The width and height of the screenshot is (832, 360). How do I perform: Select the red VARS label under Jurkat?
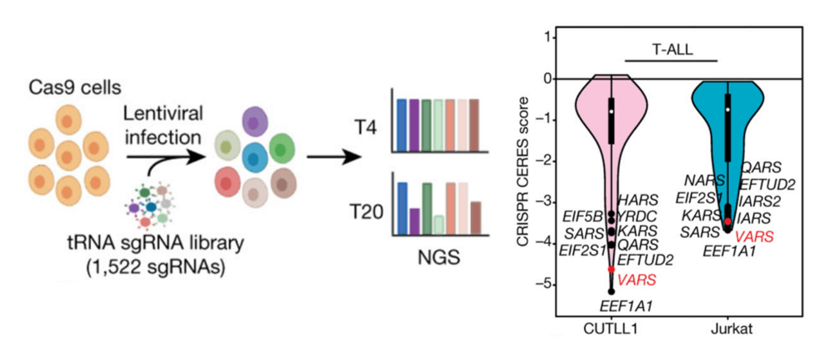[754, 236]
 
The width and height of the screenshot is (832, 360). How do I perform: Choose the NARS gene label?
[702, 180]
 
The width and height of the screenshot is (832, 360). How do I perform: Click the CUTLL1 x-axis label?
[609, 330]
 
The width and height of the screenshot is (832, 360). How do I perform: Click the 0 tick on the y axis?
[547, 79]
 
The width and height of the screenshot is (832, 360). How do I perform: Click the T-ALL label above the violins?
[670, 49]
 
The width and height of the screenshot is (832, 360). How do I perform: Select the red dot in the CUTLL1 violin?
[611, 270]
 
